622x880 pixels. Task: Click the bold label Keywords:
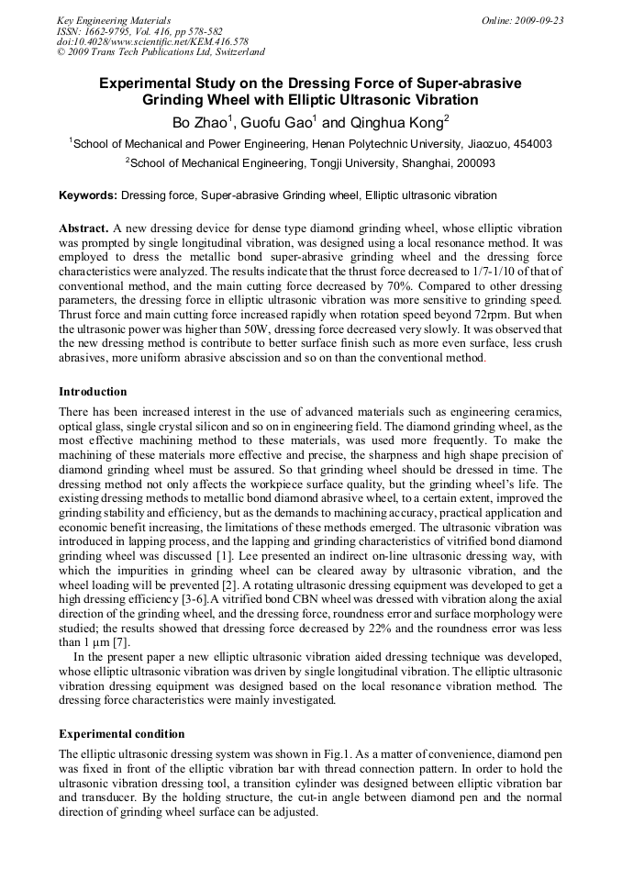88,195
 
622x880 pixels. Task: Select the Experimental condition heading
121,734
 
